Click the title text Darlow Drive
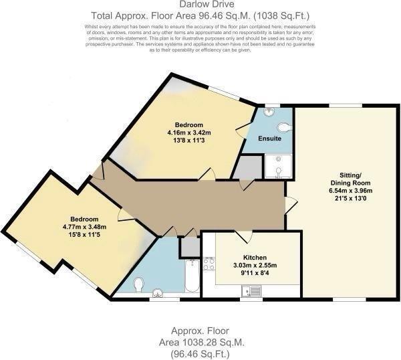pos(200,5)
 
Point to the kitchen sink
pos(253,291)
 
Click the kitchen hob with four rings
pos(209,263)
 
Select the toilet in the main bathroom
pos(138,285)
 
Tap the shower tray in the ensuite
pos(278,167)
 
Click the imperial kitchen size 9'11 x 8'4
pos(254,272)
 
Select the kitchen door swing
pos(243,236)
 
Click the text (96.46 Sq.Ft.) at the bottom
pos(200,353)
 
